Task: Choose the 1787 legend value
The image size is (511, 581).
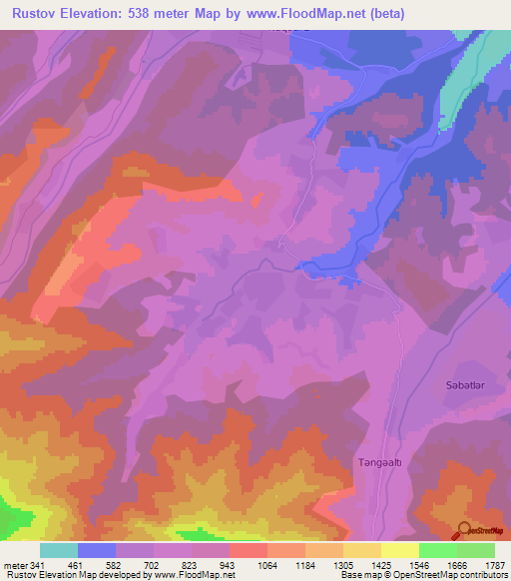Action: coord(495,564)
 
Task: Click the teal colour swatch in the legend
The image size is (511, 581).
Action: coord(59,550)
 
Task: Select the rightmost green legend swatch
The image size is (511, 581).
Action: coord(476,550)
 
